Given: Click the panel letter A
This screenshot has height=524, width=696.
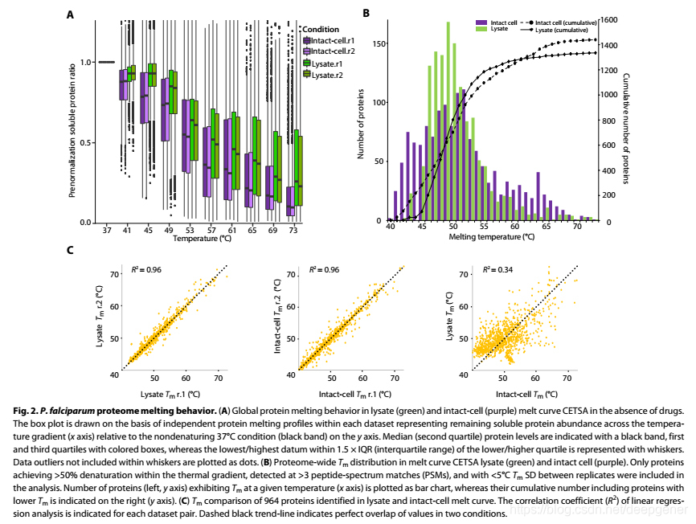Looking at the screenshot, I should (72, 14).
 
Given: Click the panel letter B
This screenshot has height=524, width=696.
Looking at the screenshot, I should (366, 13).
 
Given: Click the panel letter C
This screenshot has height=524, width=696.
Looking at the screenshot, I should (72, 250).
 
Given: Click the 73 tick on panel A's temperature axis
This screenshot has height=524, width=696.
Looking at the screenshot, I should (294, 230).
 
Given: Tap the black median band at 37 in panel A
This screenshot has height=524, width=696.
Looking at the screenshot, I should (106, 62).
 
